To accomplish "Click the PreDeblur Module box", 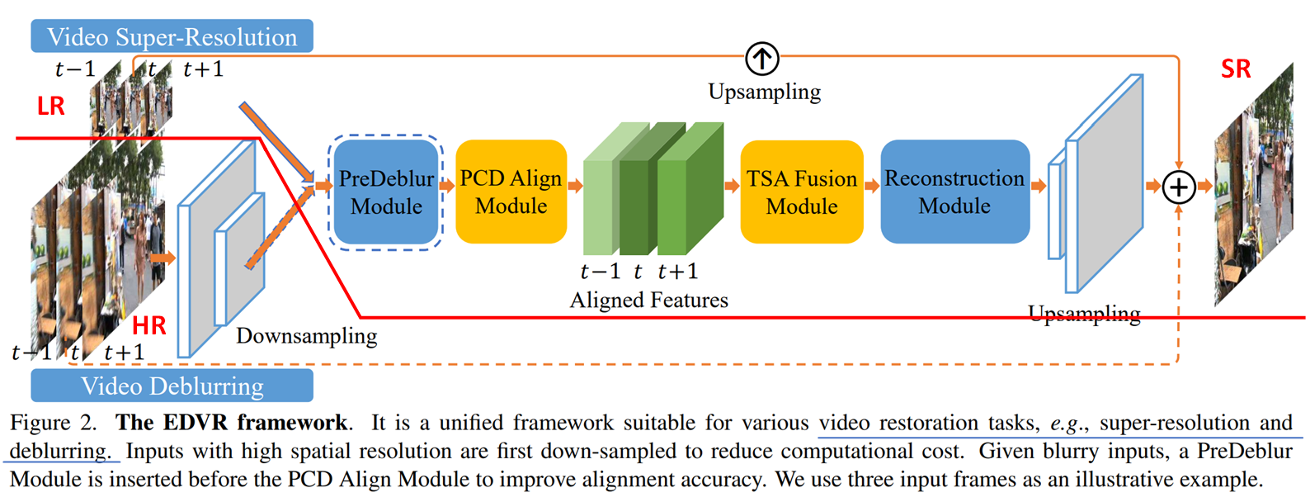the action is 386,192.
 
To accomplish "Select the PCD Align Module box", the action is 511,192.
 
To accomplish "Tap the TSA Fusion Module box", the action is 802,192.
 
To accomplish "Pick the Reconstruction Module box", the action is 955,192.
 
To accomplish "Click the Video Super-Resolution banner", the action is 172,36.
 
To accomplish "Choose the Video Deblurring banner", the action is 172,386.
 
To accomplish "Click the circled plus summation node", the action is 1178,187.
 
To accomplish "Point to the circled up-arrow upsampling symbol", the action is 762,59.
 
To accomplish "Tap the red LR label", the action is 51,106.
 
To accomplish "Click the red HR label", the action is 149,325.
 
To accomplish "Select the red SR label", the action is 1236,69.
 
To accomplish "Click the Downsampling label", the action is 306,336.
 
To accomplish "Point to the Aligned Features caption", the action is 649,301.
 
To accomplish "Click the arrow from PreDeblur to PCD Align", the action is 447,186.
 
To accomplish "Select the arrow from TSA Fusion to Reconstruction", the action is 872,186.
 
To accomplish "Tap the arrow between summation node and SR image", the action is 1204,186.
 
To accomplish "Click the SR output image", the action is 1254,184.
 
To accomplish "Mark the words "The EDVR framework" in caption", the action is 232,423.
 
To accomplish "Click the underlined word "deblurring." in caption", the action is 59,451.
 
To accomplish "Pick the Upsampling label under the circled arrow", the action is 765,92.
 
